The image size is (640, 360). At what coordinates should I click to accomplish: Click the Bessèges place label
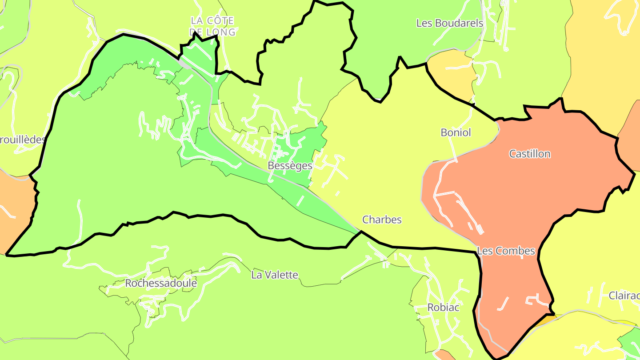[290, 166]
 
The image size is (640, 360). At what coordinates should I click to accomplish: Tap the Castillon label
[529, 154]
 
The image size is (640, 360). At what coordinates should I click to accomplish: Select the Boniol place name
[456, 132]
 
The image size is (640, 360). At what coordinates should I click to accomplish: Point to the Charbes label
[382, 220]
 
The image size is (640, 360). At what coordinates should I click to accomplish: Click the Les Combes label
[506, 251]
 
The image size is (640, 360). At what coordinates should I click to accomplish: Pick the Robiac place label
[443, 308]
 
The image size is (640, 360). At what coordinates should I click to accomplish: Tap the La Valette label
[275, 275]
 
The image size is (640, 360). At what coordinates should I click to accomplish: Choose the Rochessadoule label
[161, 284]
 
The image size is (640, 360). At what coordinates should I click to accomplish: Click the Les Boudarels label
[449, 23]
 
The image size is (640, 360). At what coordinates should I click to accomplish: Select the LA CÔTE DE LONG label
[212, 26]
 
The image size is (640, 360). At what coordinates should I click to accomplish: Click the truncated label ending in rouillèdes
[22, 140]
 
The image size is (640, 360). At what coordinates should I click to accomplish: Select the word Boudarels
[458, 23]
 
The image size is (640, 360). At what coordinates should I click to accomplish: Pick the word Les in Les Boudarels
[424, 23]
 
